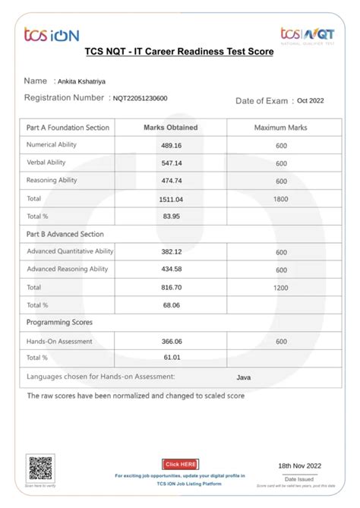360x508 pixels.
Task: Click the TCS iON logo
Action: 51,34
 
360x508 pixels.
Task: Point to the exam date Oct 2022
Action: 311,100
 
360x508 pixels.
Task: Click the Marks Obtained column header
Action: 171,128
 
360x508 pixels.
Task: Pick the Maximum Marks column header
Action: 281,128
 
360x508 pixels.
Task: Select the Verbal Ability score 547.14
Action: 172,163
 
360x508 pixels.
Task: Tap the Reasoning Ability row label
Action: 52,181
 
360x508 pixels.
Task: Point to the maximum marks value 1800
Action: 281,198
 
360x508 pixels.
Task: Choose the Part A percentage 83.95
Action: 171,216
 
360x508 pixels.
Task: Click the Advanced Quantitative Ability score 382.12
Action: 172,252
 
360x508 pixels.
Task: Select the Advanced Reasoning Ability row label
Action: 68,270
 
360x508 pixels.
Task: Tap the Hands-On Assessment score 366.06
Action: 172,342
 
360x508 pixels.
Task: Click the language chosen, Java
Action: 244,377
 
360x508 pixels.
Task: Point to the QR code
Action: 40,467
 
